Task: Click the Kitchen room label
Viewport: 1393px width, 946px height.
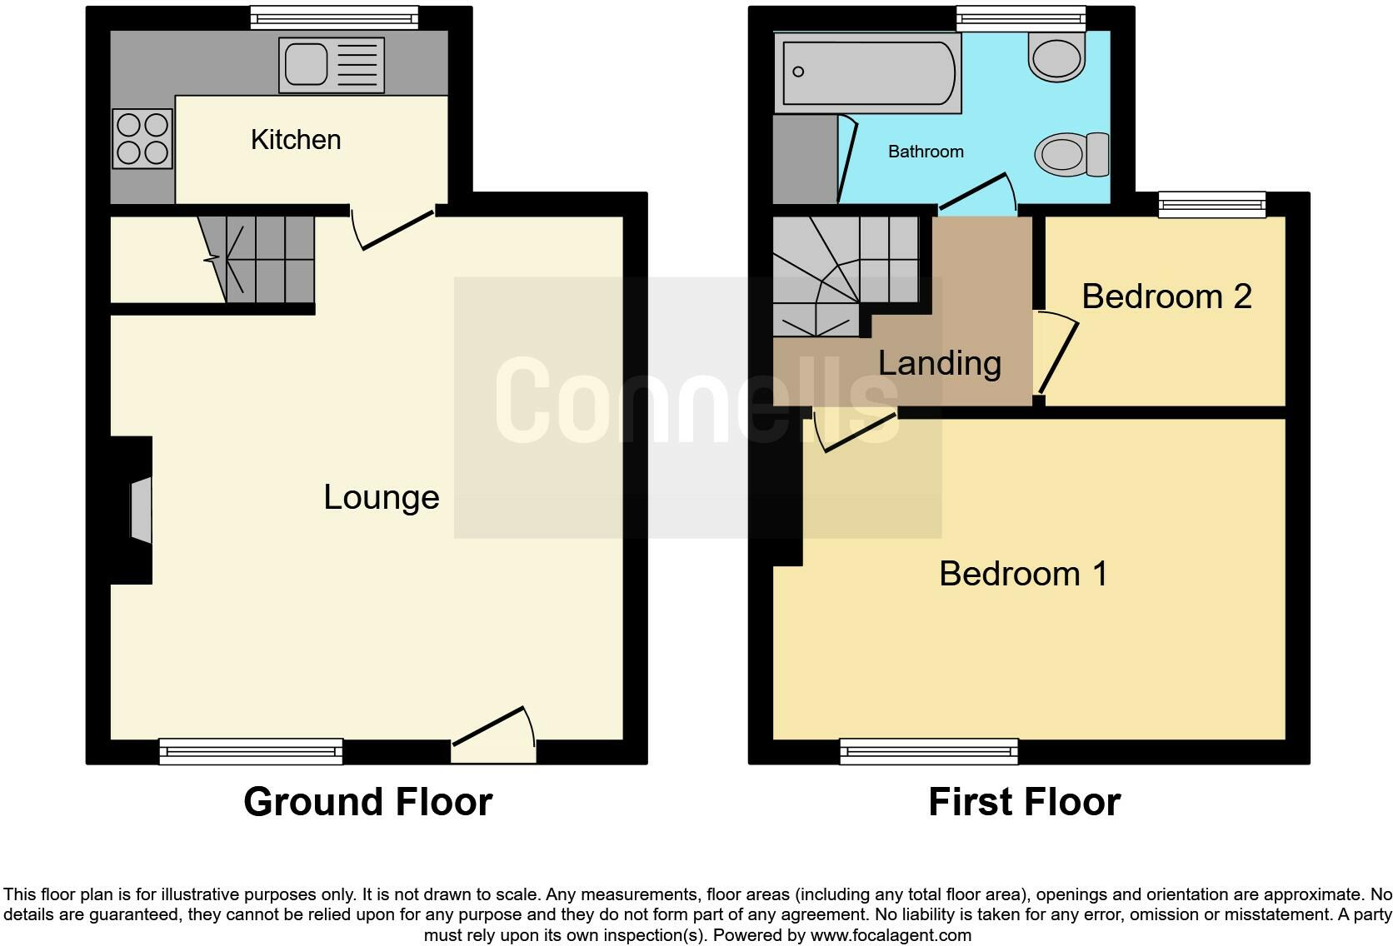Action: pyautogui.click(x=296, y=140)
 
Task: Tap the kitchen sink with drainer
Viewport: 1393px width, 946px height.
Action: pyautogui.click(x=332, y=64)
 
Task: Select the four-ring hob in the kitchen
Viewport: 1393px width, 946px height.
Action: pyautogui.click(x=142, y=138)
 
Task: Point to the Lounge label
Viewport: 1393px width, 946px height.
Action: pyautogui.click(x=382, y=497)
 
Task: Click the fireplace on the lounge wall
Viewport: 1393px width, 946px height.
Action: pyautogui.click(x=141, y=510)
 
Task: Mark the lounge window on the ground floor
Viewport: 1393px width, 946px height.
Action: pyautogui.click(x=251, y=751)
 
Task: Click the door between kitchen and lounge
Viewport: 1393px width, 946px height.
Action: pyautogui.click(x=394, y=229)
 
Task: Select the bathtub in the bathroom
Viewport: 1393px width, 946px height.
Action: pyautogui.click(x=867, y=73)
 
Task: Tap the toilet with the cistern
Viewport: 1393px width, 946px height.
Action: pyautogui.click(x=1071, y=155)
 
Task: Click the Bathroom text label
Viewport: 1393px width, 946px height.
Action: pyautogui.click(x=926, y=152)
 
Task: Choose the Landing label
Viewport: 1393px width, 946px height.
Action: pyautogui.click(x=940, y=363)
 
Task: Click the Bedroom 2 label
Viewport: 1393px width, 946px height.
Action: pyautogui.click(x=1166, y=296)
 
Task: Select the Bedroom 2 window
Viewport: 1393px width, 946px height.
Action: pyautogui.click(x=1212, y=204)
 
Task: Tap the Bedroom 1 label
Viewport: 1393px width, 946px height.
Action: pyautogui.click(x=1023, y=574)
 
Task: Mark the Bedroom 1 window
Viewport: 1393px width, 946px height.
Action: pyautogui.click(x=929, y=751)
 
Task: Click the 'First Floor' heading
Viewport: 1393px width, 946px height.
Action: pyautogui.click(x=1024, y=802)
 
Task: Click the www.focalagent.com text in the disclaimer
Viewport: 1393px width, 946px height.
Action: pyautogui.click(x=891, y=935)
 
